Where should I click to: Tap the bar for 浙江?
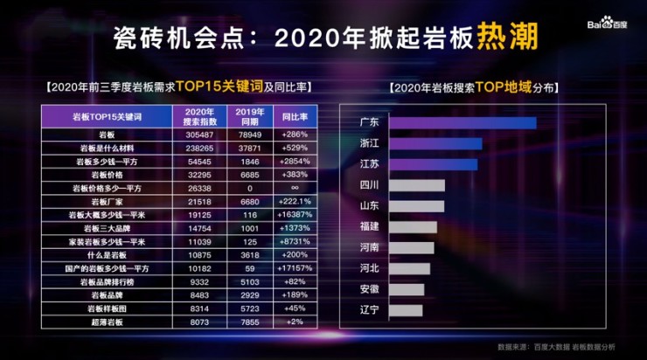pos(435,143)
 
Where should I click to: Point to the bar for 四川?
pos(416,185)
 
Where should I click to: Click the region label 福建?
pos(369,227)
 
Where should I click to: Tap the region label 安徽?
pos(369,289)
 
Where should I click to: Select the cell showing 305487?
pos(199,135)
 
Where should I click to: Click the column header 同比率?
pos(291,116)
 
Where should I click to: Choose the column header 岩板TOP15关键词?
pos(107,116)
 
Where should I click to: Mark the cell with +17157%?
pos(291,267)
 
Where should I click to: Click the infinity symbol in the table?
pos(291,188)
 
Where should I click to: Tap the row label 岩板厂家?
pos(107,201)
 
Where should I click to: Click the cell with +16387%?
pos(291,214)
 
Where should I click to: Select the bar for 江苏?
pos(433,164)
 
